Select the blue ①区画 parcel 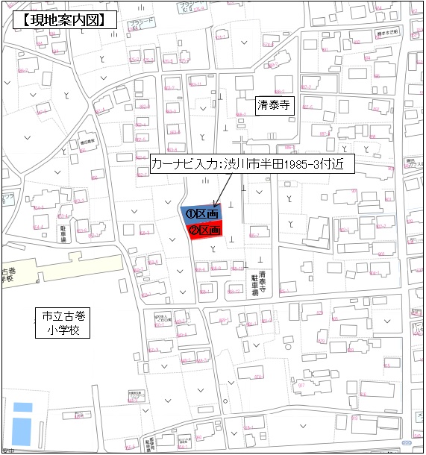point(201,214)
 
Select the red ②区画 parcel point(207,230)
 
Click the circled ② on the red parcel point(193,230)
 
